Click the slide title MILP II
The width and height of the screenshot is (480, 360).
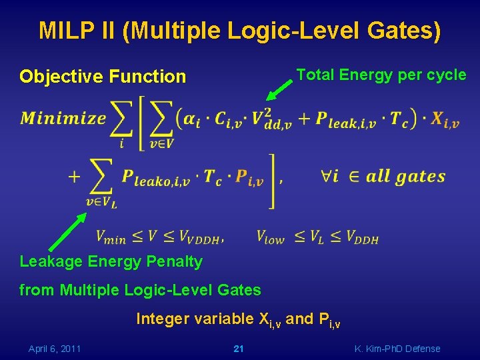(239, 31)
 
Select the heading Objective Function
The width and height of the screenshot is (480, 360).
(103, 77)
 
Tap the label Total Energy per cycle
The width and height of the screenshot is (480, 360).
(381, 75)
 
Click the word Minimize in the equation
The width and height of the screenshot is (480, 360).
(63, 119)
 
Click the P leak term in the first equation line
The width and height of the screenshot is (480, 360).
(346, 121)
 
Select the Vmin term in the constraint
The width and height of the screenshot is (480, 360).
(111, 237)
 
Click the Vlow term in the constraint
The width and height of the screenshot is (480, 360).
(270, 237)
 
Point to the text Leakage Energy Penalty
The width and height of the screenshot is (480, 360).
(111, 261)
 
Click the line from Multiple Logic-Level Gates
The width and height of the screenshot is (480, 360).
(140, 289)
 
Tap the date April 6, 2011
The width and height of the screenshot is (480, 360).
(55, 349)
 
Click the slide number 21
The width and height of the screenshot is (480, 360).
(239, 349)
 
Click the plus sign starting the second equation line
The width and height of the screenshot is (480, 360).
(74, 177)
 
